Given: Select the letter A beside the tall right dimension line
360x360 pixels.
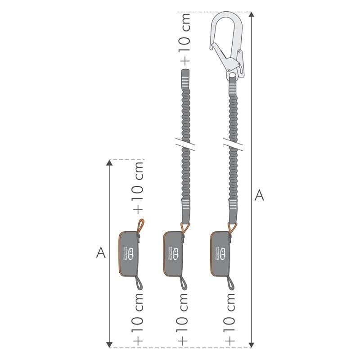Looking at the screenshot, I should tap(259, 196).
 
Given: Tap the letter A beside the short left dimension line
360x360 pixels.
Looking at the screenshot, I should tap(101, 253).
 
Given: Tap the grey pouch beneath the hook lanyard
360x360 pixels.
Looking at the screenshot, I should tap(221, 253).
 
